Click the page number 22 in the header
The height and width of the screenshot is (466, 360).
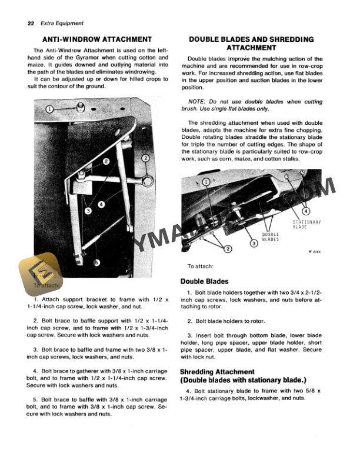(x=31, y=24)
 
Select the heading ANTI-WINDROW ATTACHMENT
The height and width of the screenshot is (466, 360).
(x=94, y=39)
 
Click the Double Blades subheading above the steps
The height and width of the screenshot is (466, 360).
(x=204, y=281)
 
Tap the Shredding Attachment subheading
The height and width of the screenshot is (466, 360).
(x=217, y=372)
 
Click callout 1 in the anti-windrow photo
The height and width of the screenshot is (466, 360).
(x=49, y=109)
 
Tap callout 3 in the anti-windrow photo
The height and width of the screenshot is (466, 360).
(x=87, y=210)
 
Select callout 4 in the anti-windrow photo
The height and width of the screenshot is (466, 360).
(x=102, y=204)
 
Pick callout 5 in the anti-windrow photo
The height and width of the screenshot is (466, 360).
(x=97, y=263)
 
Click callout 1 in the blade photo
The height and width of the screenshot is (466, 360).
(x=206, y=182)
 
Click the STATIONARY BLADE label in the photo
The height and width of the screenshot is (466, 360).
(x=306, y=224)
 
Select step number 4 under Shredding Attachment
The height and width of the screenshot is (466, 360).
(x=188, y=391)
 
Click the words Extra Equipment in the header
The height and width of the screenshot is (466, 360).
(x=62, y=24)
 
